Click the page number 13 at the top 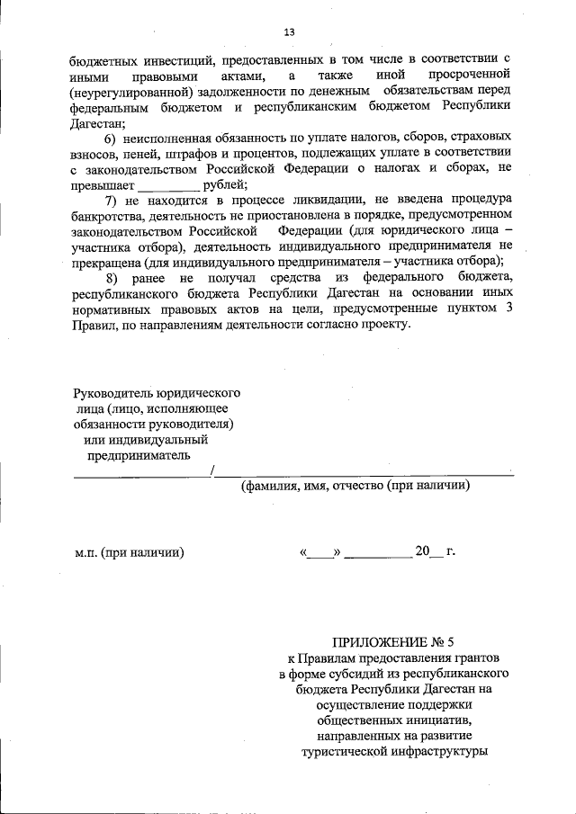tap(289, 32)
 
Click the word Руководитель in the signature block tap(111, 393)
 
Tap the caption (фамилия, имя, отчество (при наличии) tap(355, 487)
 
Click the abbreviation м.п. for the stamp tap(89, 551)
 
